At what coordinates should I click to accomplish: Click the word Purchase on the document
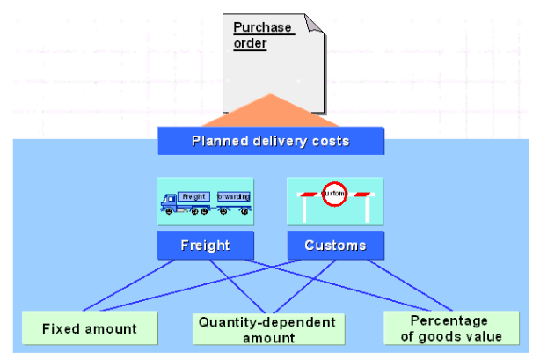262,27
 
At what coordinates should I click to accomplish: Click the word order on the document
250,42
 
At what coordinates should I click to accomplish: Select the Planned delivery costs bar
271,141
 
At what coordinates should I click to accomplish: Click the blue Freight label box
205,246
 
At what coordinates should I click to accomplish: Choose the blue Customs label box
334,246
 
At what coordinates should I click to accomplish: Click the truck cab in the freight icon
169,204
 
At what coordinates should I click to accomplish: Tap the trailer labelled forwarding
233,196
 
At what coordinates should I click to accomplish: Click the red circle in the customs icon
333,195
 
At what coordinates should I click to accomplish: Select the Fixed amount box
90,328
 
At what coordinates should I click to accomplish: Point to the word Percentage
449,320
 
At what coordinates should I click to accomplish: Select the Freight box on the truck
193,196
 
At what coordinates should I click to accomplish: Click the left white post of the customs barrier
303,209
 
